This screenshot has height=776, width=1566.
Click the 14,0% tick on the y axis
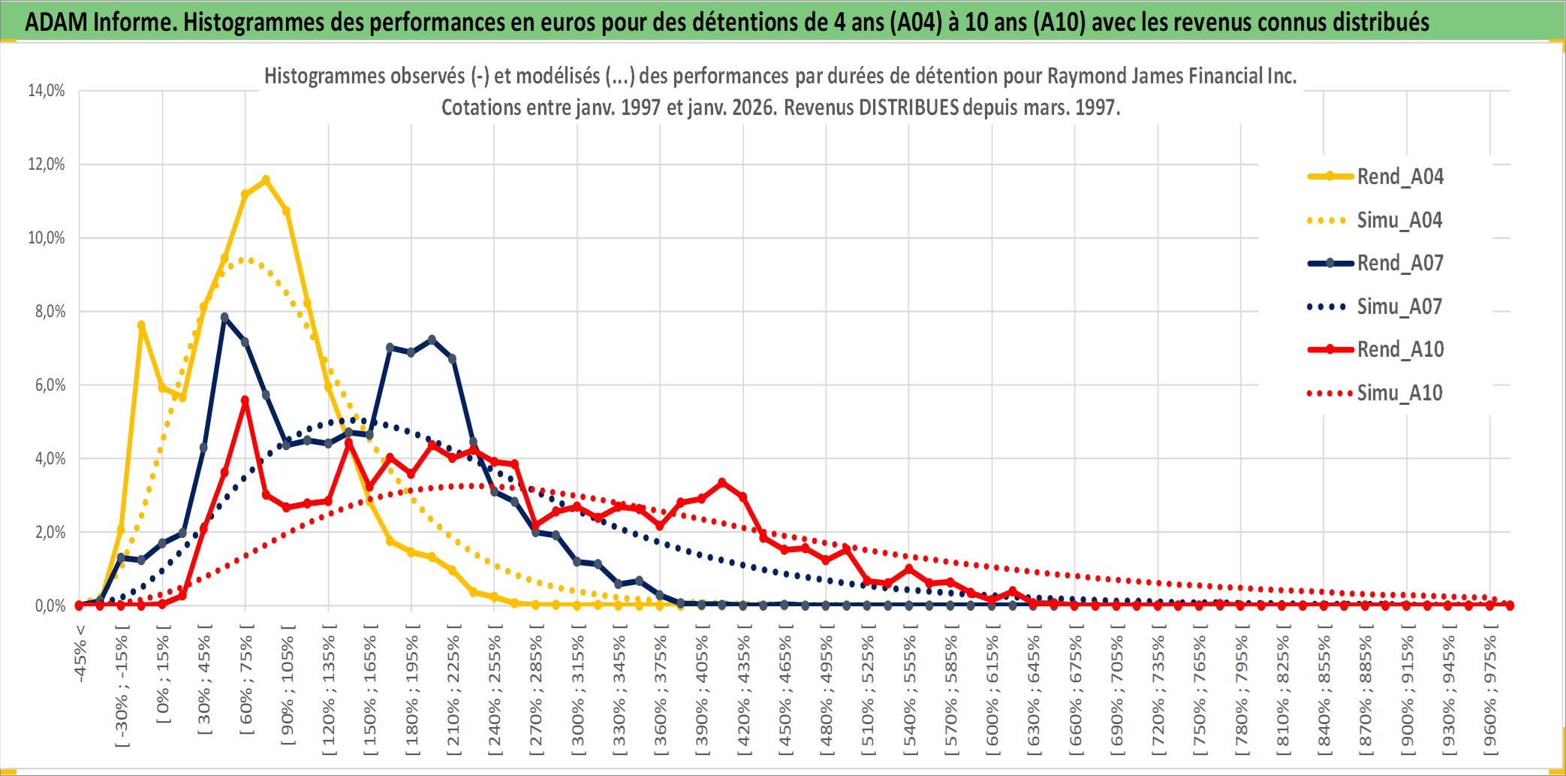[x=47, y=91]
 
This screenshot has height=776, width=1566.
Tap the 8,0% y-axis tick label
[x=50, y=312]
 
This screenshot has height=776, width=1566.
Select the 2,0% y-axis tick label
[x=50, y=533]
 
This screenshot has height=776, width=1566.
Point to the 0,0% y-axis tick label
[x=50, y=605]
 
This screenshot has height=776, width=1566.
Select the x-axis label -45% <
[x=80, y=654]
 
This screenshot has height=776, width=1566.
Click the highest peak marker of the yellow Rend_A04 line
[x=266, y=180]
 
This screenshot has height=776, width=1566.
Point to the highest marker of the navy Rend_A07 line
[x=224, y=317]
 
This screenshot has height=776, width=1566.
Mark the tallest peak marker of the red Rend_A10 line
[x=245, y=400]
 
